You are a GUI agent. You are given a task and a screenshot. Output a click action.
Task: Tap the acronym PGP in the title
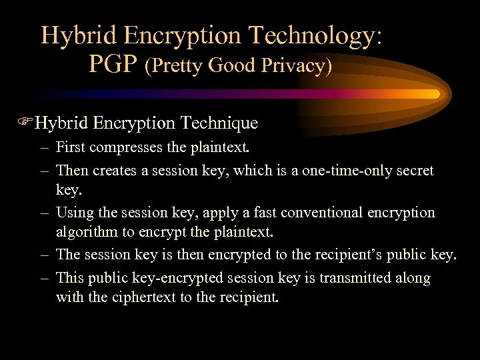tap(113, 65)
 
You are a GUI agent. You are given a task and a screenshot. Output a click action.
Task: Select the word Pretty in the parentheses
tap(177, 66)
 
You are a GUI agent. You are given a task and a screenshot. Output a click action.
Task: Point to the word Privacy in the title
tap(295, 66)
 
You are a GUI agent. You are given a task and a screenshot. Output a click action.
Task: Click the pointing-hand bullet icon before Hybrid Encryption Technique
tap(26, 123)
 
